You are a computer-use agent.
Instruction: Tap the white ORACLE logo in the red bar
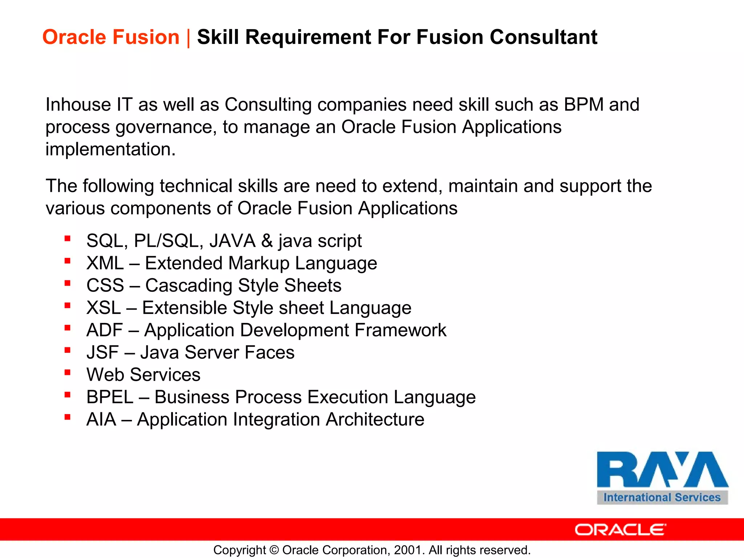coord(620,530)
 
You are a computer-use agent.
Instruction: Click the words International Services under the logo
coord(662,497)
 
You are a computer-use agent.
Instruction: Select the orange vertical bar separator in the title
coord(188,37)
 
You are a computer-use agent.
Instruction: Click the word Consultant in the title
coord(543,37)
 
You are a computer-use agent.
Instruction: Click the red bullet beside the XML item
coord(67,261)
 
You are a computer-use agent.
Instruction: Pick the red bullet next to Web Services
coord(67,372)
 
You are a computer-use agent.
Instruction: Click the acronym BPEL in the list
coord(110,397)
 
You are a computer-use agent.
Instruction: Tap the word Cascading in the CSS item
coord(189,286)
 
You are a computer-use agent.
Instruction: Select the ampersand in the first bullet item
coord(267,241)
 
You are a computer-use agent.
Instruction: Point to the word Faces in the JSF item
coord(269,352)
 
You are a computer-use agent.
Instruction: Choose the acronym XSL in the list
coord(104,308)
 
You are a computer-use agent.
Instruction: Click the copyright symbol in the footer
coord(274,550)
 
